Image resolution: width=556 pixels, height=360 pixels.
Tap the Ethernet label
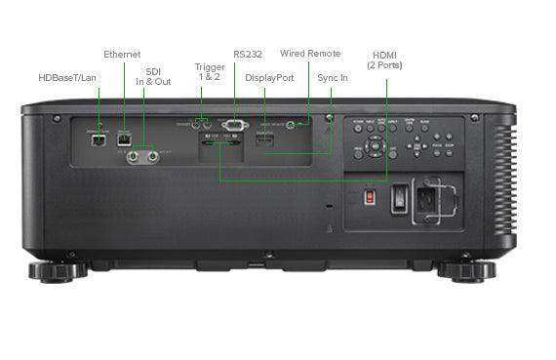coord(122,54)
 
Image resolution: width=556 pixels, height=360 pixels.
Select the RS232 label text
coord(248,54)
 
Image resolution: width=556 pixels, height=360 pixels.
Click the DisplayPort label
coord(271,76)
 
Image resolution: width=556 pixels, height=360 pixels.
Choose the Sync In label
coord(333,76)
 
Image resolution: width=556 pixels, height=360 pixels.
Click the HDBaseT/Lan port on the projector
coord(99,139)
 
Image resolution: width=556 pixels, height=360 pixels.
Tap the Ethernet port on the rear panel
coord(123,139)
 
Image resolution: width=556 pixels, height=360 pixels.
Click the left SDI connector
coord(131,154)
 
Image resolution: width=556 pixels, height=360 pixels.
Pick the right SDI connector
coord(153,154)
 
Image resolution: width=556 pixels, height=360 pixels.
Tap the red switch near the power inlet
coord(369,196)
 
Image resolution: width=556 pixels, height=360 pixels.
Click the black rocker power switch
coord(399,198)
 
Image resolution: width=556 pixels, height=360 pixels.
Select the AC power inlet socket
coord(428,199)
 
